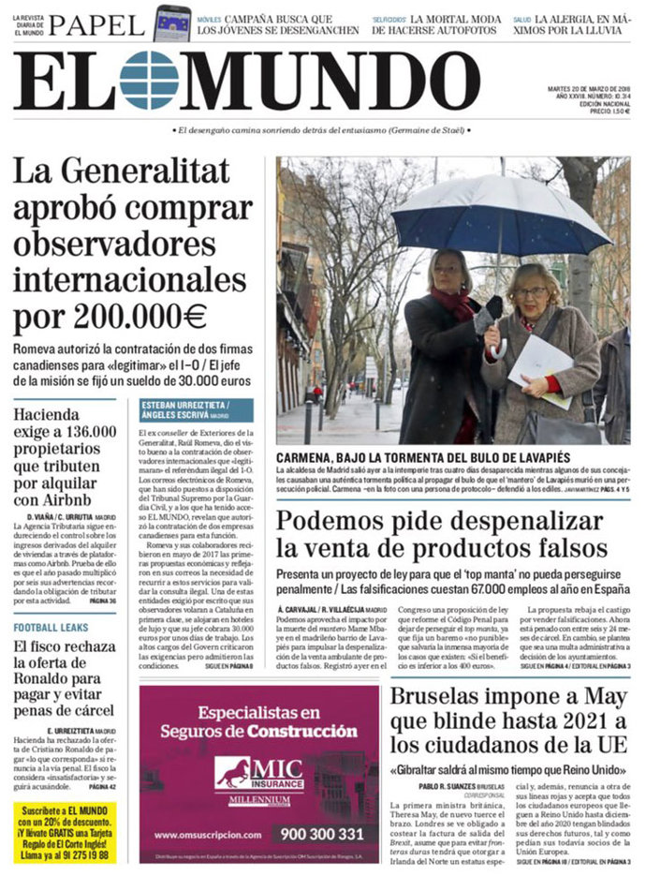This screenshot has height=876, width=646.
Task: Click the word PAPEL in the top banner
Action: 96,23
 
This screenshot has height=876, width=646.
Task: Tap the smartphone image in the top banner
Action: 171,22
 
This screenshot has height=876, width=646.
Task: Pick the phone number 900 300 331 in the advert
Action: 322,833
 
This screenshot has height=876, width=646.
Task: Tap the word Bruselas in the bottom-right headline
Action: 444,698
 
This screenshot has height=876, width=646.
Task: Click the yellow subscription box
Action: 65,832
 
